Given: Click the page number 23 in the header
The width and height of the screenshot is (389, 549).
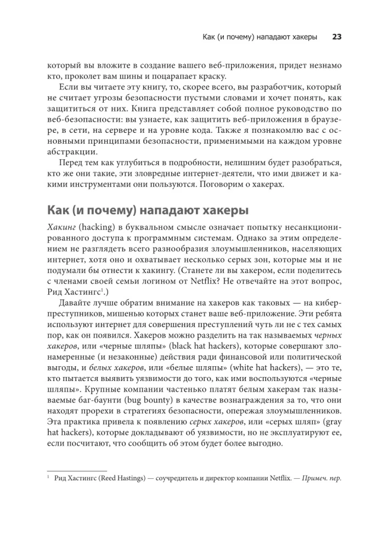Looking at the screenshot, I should pyautogui.click(x=337, y=37).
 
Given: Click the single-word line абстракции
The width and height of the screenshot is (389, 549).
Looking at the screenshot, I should pyautogui.click(x=72, y=152).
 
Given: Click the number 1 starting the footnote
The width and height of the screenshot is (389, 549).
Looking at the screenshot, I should pyautogui.click(x=49, y=477).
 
